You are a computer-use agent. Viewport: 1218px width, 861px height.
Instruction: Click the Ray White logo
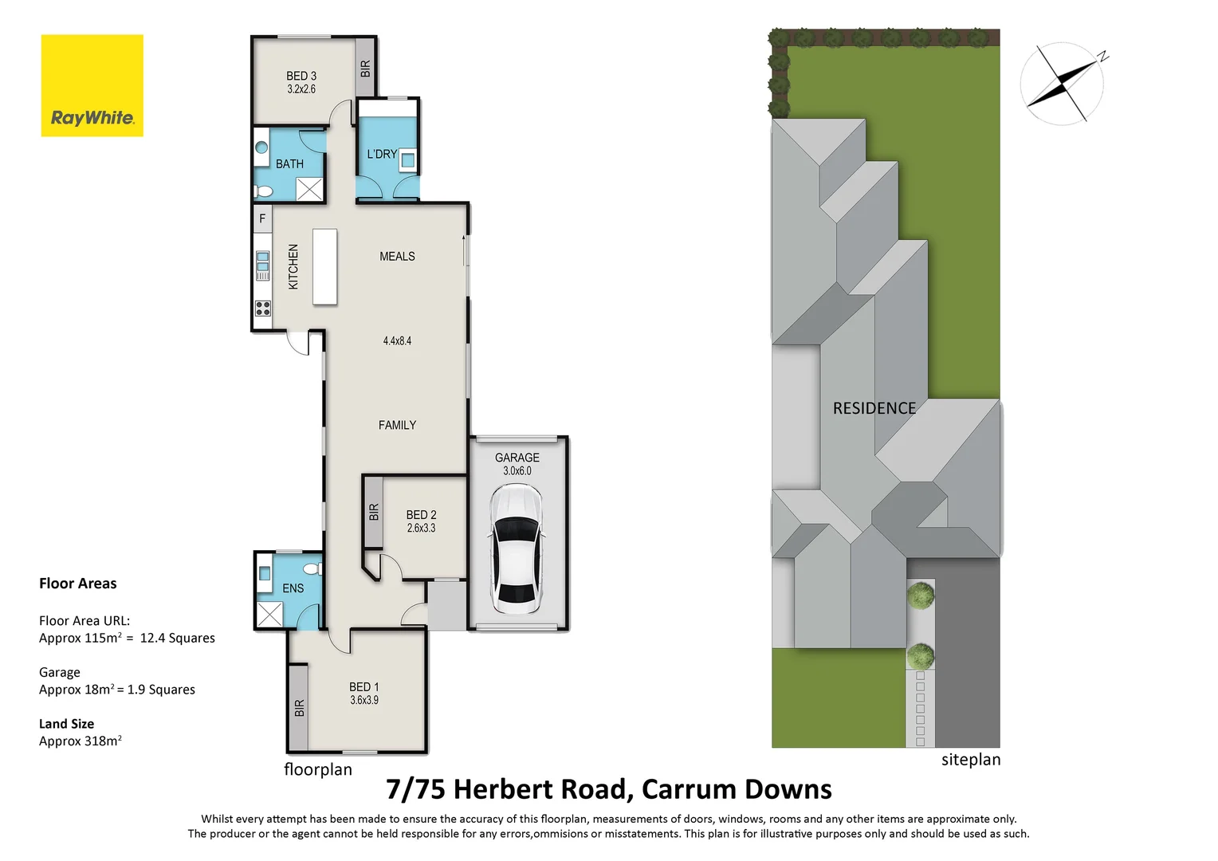[92, 85]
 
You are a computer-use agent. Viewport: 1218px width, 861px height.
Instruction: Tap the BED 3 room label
[301, 77]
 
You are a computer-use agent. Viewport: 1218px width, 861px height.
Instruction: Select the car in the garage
[516, 549]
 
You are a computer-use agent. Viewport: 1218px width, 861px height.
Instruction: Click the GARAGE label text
[517, 458]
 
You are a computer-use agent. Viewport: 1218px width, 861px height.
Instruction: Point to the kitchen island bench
[324, 266]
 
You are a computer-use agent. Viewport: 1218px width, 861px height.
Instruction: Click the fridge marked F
[262, 218]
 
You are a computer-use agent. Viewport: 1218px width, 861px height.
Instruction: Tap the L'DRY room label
[382, 154]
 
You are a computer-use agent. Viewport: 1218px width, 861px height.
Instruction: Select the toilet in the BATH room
[263, 191]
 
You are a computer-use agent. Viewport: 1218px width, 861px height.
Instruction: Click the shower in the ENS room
[269, 614]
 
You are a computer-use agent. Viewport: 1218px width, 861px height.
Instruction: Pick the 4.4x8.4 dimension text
[397, 341]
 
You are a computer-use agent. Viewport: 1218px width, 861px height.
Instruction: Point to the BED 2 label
[421, 515]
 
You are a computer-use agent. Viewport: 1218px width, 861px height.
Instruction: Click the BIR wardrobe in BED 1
[299, 707]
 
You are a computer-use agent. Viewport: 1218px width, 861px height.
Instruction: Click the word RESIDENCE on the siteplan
[874, 408]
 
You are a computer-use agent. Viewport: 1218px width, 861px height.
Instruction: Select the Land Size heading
[67, 724]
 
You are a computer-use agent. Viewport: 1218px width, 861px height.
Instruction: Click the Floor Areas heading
[78, 584]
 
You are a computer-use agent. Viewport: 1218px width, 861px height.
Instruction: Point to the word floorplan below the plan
[318, 769]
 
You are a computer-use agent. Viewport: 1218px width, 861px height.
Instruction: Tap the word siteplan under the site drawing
[970, 760]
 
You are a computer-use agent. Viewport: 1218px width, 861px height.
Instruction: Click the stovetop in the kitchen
[262, 309]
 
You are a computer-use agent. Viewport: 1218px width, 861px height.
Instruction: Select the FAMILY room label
[397, 426]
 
